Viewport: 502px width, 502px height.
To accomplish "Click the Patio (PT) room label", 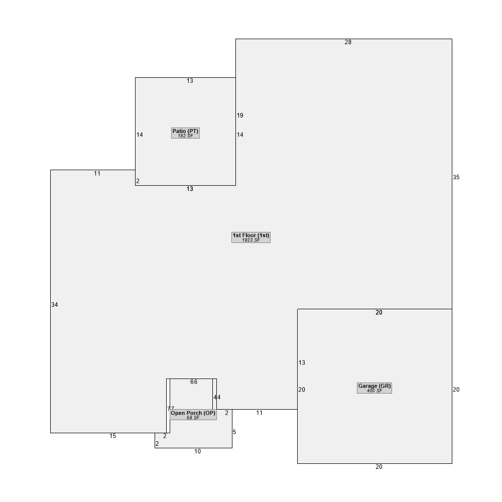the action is click(x=185, y=131).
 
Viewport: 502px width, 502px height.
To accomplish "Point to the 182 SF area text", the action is click(x=185, y=136).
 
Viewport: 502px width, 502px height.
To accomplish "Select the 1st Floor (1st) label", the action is click(x=251, y=235).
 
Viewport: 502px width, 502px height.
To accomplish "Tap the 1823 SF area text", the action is click(x=251, y=240).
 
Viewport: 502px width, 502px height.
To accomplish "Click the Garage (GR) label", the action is click(x=374, y=386).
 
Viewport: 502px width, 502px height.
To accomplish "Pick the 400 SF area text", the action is click(x=374, y=391).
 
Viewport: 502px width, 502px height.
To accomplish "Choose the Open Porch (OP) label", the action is click(x=193, y=413).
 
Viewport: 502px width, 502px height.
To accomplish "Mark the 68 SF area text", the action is click(x=193, y=418).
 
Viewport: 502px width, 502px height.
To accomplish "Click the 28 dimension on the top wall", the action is click(x=348, y=42).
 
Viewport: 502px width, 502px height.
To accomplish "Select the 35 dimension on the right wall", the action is click(x=456, y=177).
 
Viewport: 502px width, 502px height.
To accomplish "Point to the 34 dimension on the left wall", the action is click(x=54, y=305).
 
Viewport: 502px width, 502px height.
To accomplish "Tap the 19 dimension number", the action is click(x=240, y=115).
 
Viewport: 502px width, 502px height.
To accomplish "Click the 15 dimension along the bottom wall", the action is click(x=112, y=436).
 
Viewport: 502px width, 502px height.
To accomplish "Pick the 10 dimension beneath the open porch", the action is click(x=197, y=451).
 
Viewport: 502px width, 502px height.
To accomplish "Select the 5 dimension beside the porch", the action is click(x=234, y=432).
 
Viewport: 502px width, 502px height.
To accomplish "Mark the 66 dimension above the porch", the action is click(x=194, y=382).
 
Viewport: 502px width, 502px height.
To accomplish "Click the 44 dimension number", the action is click(x=217, y=397).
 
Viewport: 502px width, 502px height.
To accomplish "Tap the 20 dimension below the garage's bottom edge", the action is click(x=379, y=467).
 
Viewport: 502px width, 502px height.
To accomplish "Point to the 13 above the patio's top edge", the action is click(x=190, y=81).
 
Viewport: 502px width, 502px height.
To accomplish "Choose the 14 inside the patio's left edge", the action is click(x=140, y=135).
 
